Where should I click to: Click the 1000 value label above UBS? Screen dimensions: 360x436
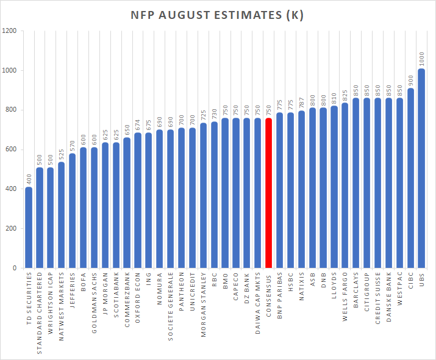(422, 59)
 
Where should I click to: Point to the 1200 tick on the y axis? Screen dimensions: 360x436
(9, 31)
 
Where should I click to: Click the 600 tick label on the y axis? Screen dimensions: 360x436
(11, 149)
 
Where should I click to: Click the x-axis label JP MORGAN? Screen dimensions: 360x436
(105, 292)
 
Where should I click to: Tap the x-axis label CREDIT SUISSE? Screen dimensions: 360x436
(379, 297)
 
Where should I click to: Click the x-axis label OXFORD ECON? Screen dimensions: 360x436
(138, 293)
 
